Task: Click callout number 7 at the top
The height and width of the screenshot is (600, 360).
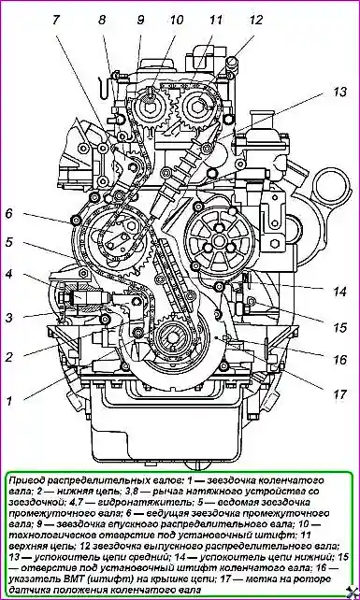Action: point(56,20)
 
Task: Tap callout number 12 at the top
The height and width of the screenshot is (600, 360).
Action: point(257,21)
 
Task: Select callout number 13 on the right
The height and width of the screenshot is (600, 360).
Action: point(338,92)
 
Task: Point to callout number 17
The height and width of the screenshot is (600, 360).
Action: point(339,393)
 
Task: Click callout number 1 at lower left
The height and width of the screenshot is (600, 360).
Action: point(9,401)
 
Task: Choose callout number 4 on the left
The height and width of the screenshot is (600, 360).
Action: point(9,275)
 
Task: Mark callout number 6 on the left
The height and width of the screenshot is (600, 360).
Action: point(9,213)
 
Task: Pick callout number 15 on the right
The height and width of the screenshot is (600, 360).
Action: point(338,327)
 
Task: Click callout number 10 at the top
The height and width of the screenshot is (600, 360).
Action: point(177,20)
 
